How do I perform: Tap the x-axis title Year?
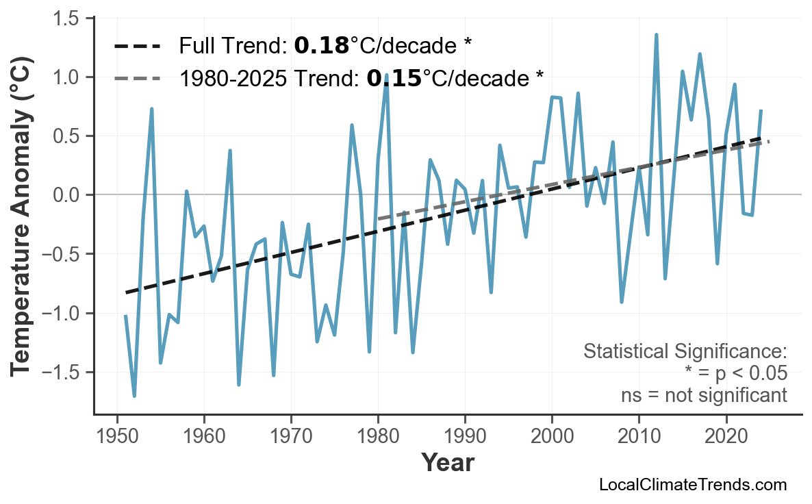tap(447, 463)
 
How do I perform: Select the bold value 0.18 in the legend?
tap(321, 46)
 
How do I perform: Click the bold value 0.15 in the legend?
tap(394, 78)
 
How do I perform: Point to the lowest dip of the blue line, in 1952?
tap(134, 396)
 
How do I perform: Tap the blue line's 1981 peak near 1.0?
tap(387, 75)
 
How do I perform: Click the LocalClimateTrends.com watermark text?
tap(692, 485)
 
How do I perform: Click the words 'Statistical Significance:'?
tap(685, 352)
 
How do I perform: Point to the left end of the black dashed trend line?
tap(127, 292)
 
